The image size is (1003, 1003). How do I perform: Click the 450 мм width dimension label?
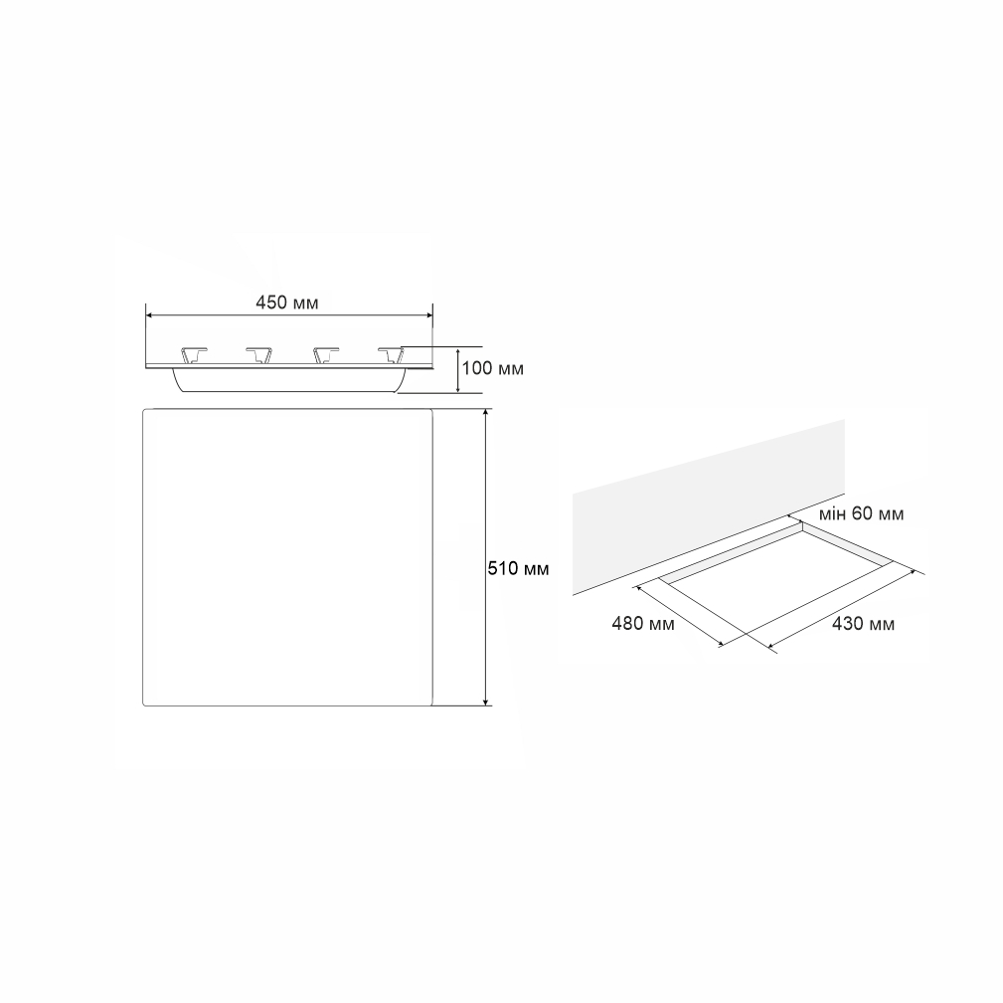pyautogui.click(x=286, y=302)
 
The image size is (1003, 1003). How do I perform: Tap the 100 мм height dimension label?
pyautogui.click(x=492, y=368)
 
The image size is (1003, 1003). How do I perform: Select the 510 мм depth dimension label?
pyautogui.click(x=518, y=568)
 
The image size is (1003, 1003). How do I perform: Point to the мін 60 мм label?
pyautogui.click(x=861, y=513)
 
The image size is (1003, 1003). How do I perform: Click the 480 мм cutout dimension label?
pyautogui.click(x=643, y=623)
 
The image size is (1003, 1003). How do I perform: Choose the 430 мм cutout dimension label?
pyautogui.click(x=863, y=623)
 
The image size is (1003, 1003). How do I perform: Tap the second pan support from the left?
pyautogui.click(x=259, y=355)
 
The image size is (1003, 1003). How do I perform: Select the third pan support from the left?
pyautogui.click(x=326, y=355)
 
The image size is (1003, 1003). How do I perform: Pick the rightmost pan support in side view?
pyautogui.click(x=391, y=355)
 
